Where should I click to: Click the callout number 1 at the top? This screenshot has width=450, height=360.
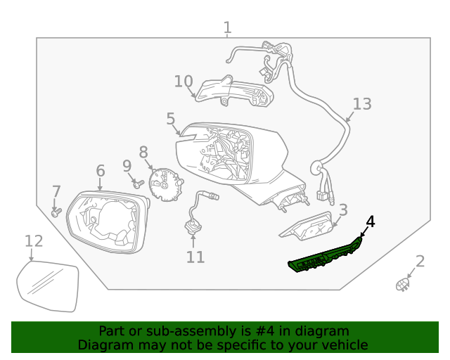227,28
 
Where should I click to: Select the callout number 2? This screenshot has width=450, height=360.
420,262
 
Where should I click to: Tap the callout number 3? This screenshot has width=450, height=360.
343,210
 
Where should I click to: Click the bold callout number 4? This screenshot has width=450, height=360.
370,222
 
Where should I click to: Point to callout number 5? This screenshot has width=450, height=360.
171,119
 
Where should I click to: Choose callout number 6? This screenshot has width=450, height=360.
100,171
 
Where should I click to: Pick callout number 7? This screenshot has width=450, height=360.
56,191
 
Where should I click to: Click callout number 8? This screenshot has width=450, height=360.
143,152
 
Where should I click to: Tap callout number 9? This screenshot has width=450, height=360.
127,166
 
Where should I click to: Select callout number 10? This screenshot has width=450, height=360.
184,82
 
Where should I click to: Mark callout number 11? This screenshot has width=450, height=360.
195,257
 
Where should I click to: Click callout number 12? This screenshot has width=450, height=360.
34,241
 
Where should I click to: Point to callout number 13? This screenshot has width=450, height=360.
361,105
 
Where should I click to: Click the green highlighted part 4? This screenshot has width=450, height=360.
325,257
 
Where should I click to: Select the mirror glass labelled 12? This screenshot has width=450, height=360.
48,285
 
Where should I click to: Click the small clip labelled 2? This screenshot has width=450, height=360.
403,284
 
